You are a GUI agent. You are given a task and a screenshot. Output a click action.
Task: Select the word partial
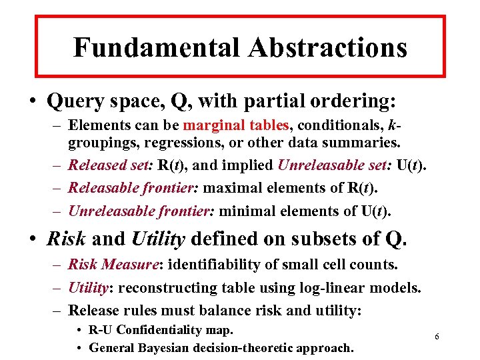(x=273, y=102)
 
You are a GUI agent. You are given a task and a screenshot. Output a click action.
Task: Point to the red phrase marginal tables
(x=236, y=125)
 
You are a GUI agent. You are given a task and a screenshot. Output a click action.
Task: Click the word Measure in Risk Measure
(x=132, y=265)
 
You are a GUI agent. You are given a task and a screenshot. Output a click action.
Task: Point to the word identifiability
(x=211, y=265)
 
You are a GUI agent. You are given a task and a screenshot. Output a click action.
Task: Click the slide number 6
(x=437, y=337)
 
